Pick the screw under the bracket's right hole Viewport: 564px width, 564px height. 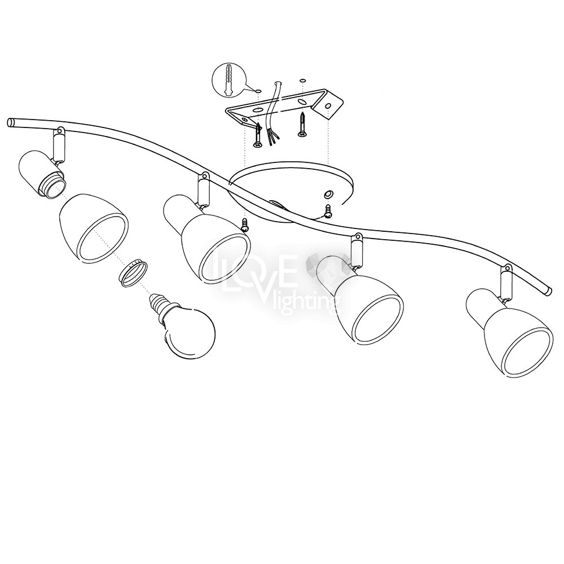(303, 125)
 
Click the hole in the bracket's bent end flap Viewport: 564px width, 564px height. (328, 106)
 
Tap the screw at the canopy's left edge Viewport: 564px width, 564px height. (245, 225)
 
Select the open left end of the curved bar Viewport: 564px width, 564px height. (11, 122)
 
